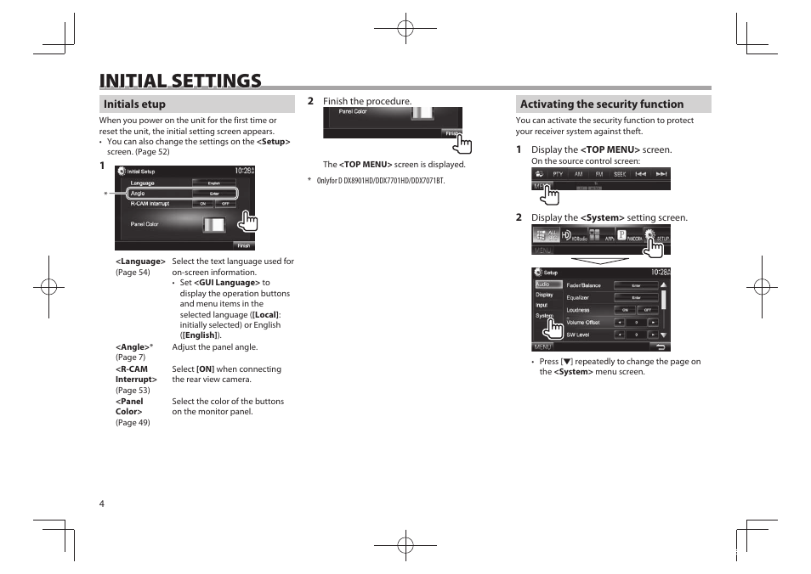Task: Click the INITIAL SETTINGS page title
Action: (180, 81)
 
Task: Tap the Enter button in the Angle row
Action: (213, 194)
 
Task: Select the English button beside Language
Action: (213, 183)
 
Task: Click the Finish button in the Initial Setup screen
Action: (244, 245)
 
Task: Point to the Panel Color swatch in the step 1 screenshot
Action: (214, 225)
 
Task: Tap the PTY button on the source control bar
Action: (558, 174)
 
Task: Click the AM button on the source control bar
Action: (579, 174)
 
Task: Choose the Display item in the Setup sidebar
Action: (545, 295)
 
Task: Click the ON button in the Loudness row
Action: (625, 310)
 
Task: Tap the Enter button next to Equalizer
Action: (636, 298)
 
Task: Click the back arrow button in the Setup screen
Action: (660, 346)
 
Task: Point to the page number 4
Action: (102, 504)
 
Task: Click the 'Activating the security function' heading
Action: (602, 104)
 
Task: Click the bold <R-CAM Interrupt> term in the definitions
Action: (136, 374)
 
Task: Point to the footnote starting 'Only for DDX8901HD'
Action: (380, 181)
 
